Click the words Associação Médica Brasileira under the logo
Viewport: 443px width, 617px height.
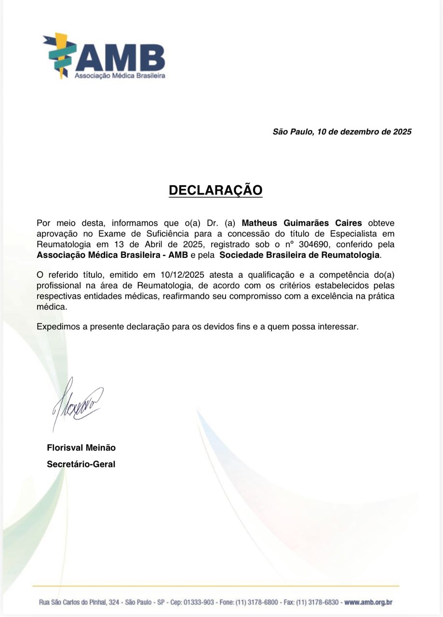(x=120, y=76)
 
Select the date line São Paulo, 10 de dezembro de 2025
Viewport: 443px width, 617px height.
(x=342, y=132)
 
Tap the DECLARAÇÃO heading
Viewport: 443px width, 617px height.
(x=215, y=190)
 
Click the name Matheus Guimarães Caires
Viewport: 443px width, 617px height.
(x=301, y=223)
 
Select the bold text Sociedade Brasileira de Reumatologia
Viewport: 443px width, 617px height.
(x=299, y=255)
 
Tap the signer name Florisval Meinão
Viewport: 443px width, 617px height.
(x=81, y=447)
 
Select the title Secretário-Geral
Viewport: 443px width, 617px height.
(x=81, y=465)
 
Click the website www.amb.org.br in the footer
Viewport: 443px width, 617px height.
(x=369, y=602)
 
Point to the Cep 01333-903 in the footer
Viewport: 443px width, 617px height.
(x=200, y=602)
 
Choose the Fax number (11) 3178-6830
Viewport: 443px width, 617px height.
(x=316, y=602)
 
